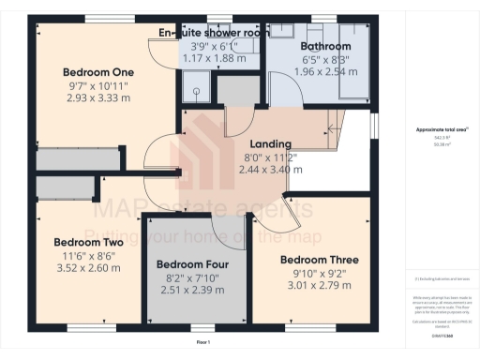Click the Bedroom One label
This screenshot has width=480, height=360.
point(98,72)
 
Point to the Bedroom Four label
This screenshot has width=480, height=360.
point(191,264)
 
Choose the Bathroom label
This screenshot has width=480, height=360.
point(325,46)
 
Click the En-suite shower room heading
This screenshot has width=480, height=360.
point(214,33)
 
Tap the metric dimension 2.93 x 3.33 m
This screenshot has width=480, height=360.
point(98,97)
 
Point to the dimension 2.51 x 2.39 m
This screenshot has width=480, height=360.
point(191,291)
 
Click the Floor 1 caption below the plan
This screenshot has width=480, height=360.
point(202,343)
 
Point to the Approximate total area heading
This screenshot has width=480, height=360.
point(436,130)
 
